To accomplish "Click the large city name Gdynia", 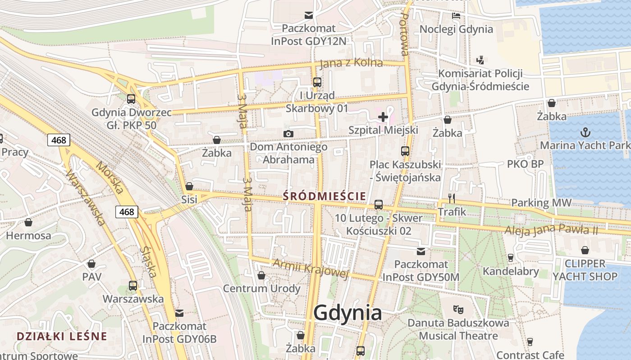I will pos(348,312).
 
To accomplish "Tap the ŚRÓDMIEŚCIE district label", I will pos(324,196).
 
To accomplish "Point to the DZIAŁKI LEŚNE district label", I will pos(62,336).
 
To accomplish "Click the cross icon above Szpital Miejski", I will pos(383,117).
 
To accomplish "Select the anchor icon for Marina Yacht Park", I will pos(585,132).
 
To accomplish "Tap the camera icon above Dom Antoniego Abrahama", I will pos(288,134).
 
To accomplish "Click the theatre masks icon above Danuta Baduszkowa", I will pos(458,309).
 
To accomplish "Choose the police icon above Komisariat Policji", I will pos(480,60).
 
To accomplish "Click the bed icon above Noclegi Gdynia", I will pos(456,16).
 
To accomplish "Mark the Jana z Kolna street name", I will pos(351,63).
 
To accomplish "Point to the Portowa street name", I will pos(405,34).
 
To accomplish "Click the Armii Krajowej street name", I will pos(311,268).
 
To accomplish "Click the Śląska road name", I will pos(148,261).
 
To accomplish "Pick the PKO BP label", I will pos(525,164).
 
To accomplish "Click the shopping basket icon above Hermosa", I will pos(28,222).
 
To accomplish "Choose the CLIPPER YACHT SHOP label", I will pos(585,270).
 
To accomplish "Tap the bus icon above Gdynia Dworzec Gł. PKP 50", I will pos(131,99).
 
